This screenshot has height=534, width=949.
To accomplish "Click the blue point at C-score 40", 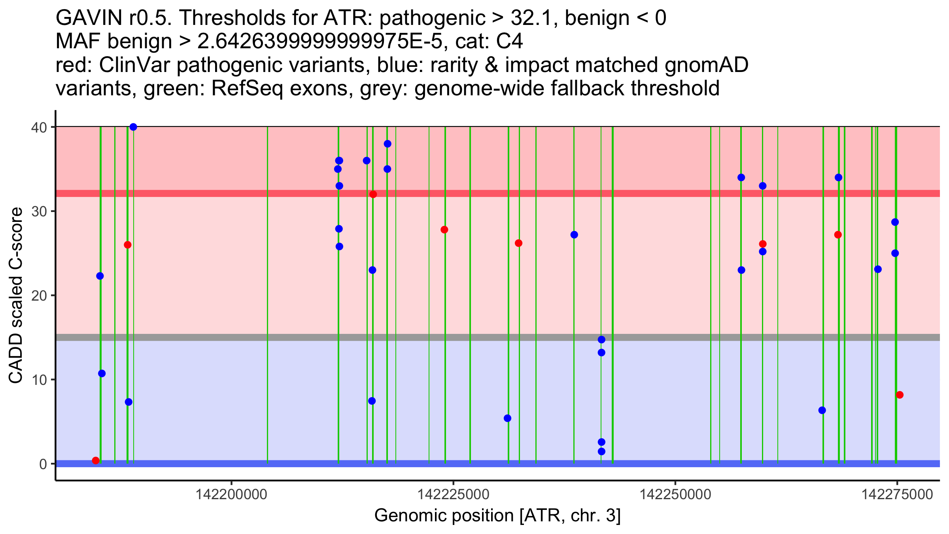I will pyautogui.click(x=133, y=127).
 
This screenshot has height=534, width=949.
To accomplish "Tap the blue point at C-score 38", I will pyautogui.click(x=388, y=144).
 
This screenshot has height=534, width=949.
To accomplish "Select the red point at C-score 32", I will pyautogui.click(x=373, y=194).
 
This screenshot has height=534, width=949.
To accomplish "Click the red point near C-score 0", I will pyautogui.click(x=96, y=460).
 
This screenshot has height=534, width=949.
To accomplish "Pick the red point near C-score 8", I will pyautogui.click(x=900, y=395).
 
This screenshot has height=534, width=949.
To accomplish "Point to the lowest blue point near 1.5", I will pyautogui.click(x=601, y=451).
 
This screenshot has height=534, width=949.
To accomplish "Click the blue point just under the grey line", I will pyautogui.click(x=601, y=339).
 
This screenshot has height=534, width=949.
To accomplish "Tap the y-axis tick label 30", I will pyautogui.click(x=39, y=211).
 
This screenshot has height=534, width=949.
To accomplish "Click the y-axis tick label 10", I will pyautogui.click(x=39, y=380).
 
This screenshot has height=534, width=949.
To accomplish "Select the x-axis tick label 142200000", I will pyautogui.click(x=231, y=494).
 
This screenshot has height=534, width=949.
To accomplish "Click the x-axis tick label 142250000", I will pyautogui.click(x=675, y=494).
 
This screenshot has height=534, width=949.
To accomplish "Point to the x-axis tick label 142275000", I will pyautogui.click(x=897, y=494).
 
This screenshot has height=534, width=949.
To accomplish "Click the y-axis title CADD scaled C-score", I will pyautogui.click(x=16, y=296).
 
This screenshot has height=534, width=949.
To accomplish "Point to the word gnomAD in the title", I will pyautogui.click(x=706, y=65).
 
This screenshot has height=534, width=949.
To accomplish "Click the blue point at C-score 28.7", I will pyautogui.click(x=895, y=222).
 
